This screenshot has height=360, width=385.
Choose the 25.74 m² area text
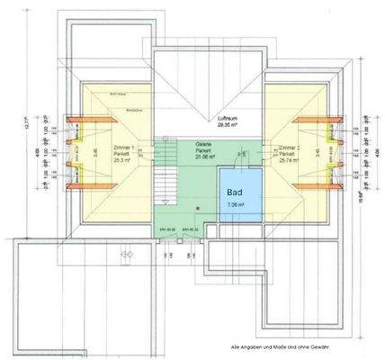pyautogui.click(x=290, y=160)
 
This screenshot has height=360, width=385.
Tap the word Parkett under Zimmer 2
pyautogui.click(x=290, y=153)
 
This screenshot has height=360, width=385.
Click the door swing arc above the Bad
pyautogui.click(x=241, y=157)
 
